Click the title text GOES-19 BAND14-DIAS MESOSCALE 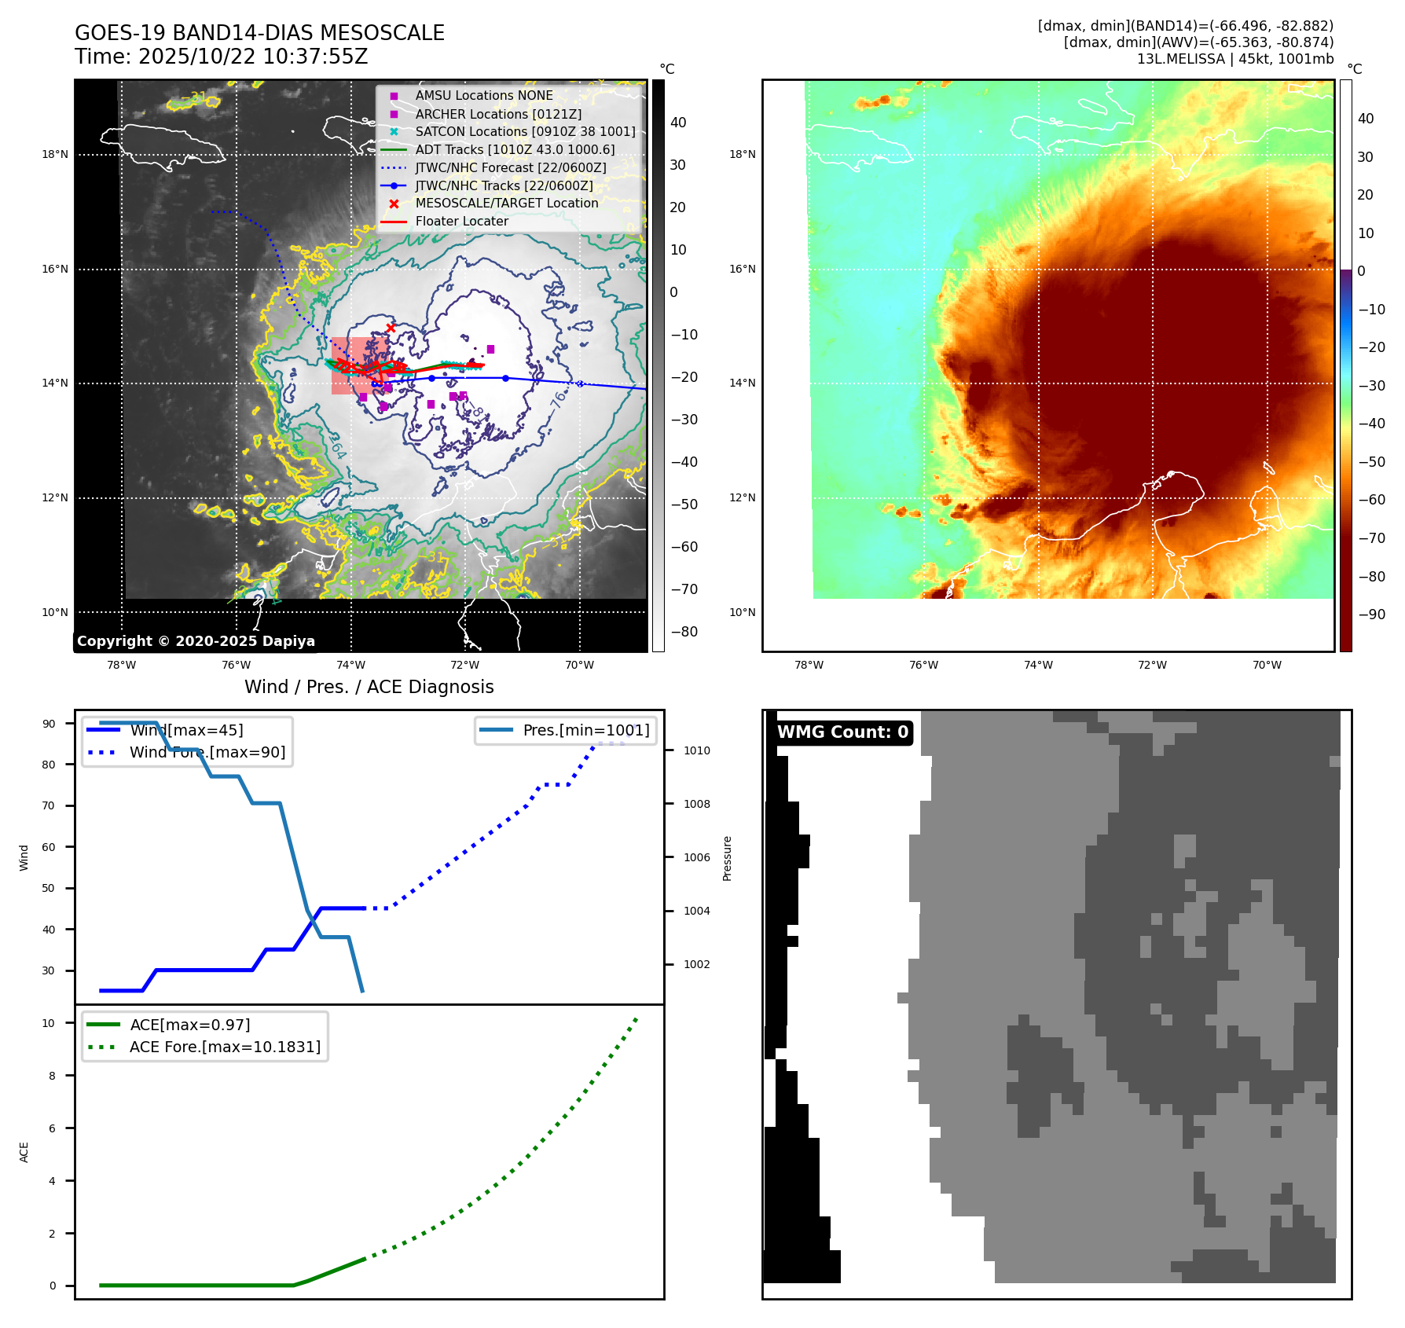click(x=259, y=33)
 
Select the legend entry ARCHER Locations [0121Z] click(x=498, y=114)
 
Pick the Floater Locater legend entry click(x=461, y=221)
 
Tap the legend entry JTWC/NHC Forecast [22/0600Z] click(x=511, y=167)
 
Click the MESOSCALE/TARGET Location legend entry click(x=506, y=203)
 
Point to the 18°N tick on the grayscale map click(x=55, y=155)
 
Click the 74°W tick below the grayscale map click(x=350, y=665)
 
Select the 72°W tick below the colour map click(x=1152, y=665)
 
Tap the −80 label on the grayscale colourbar click(x=684, y=632)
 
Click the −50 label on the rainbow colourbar click(x=1371, y=462)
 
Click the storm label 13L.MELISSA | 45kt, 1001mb click(x=1234, y=59)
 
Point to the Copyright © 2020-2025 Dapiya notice click(x=196, y=641)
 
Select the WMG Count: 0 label click(x=842, y=732)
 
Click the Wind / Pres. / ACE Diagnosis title click(x=369, y=687)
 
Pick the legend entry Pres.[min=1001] click(x=585, y=730)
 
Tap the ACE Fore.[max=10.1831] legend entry click(x=225, y=1047)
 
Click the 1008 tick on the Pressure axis click(x=696, y=804)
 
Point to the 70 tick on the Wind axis click(x=49, y=805)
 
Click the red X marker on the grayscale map click(x=391, y=328)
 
